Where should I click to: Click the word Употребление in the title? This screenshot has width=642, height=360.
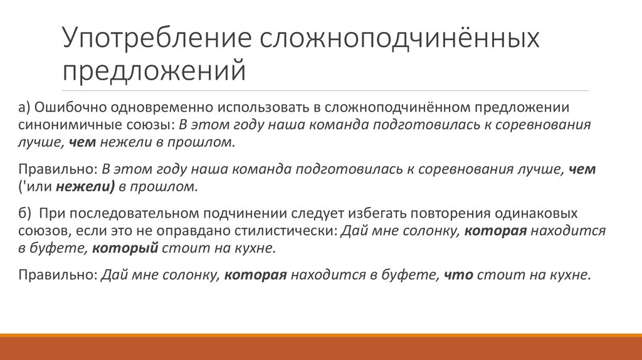coord(156,40)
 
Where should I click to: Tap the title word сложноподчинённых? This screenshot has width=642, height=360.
coord(401,40)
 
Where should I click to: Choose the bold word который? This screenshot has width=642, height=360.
coord(125,248)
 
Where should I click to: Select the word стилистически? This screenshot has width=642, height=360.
coord(292,231)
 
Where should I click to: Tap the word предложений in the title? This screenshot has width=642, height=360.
coord(153,70)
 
